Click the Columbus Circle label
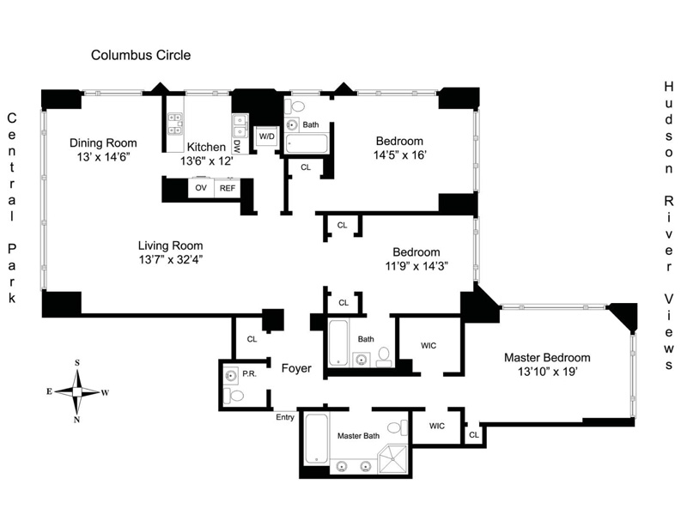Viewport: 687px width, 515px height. [141, 56]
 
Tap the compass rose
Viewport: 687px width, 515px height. [77, 391]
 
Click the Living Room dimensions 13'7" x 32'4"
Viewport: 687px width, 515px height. [169, 258]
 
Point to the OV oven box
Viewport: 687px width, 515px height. [201, 187]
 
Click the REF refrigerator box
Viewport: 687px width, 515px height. [227, 187]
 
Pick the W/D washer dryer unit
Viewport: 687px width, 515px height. [266, 136]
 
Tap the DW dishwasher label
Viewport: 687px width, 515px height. [237, 147]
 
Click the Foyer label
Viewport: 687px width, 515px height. [296, 368]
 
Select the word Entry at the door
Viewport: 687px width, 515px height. [285, 418]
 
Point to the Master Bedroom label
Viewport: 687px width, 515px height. [547, 357]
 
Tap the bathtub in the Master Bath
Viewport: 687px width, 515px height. [316, 443]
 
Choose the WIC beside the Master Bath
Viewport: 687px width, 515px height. [436, 426]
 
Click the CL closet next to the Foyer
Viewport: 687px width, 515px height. [252, 339]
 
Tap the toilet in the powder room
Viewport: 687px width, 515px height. [234, 396]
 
